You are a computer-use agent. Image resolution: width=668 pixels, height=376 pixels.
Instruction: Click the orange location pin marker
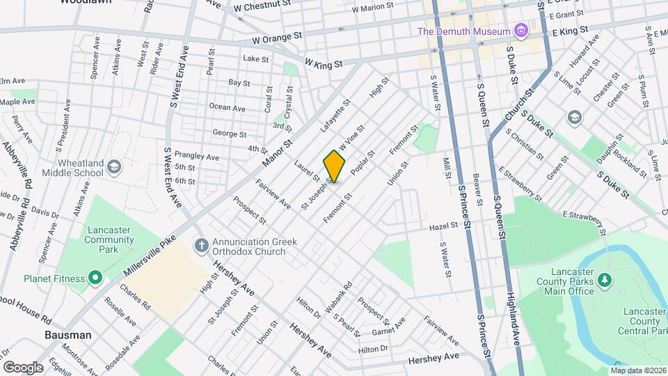click(x=335, y=166)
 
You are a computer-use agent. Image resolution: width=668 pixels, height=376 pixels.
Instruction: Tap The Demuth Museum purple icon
click(x=519, y=31)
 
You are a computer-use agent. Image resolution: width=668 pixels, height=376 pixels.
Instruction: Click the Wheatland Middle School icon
click(x=114, y=167)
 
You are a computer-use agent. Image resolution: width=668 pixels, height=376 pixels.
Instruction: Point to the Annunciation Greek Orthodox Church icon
click(x=201, y=245)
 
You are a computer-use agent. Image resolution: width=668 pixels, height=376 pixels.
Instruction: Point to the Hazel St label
click(x=443, y=226)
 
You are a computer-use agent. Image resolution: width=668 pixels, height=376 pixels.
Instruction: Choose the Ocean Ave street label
click(x=228, y=108)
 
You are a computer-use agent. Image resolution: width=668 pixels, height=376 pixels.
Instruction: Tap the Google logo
click(x=23, y=367)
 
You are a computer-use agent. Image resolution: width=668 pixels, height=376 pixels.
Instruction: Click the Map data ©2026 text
click(x=638, y=370)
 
